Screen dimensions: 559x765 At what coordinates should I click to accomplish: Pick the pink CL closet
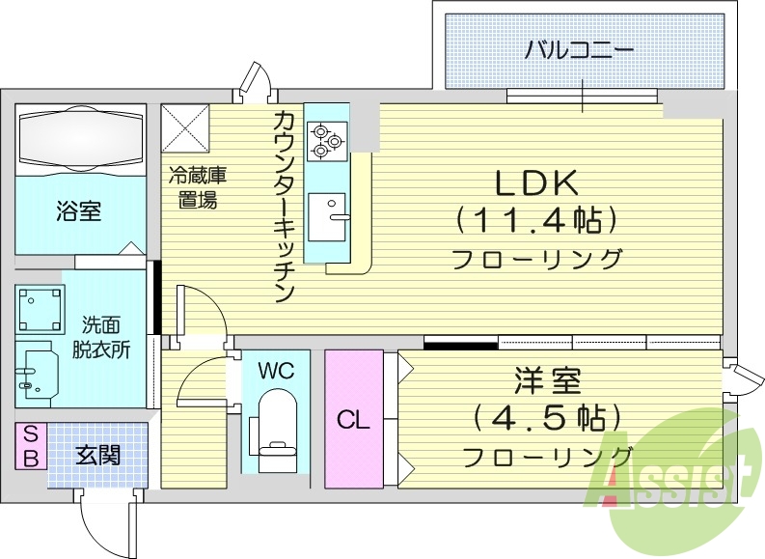(x=353, y=419)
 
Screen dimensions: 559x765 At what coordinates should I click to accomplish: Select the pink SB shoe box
(x=30, y=446)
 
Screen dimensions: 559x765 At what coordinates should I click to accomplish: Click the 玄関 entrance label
(x=98, y=453)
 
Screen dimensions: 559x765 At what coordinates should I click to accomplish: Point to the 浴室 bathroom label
(x=78, y=210)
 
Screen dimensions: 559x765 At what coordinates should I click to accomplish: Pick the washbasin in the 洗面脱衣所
(x=36, y=371)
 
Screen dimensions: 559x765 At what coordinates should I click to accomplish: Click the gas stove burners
(x=325, y=141)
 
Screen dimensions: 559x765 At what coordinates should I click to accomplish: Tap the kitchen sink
(x=327, y=210)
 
